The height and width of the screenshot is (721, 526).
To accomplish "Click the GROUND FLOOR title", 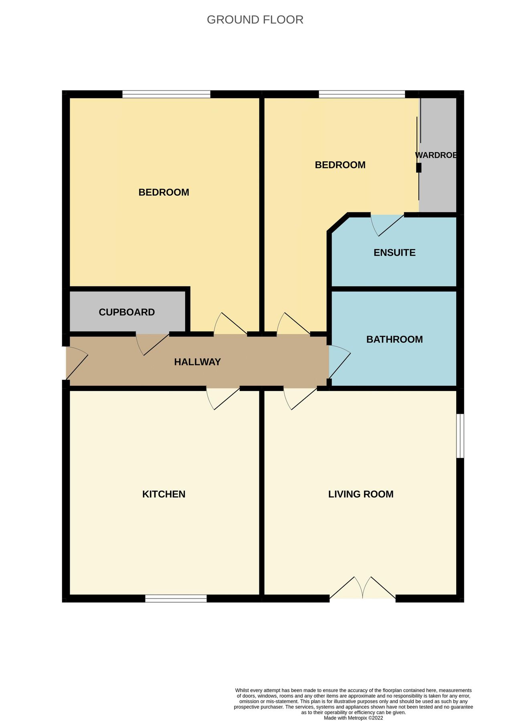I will click(255, 20).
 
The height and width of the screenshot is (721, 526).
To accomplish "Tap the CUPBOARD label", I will click(127, 312).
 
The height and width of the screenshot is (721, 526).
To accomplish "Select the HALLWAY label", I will click(197, 362).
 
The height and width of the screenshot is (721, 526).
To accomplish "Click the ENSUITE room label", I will click(394, 253).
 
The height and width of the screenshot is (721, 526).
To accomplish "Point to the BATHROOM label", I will click(394, 339).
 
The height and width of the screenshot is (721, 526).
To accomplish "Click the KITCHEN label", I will click(164, 494).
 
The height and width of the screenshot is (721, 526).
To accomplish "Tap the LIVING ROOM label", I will click(361, 494).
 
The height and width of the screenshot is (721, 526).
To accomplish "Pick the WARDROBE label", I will click(436, 155).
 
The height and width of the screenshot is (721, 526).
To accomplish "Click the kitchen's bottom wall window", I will click(176, 598).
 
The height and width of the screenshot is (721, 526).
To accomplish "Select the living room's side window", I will click(460, 436).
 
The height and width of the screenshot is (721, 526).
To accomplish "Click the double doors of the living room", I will click(362, 589).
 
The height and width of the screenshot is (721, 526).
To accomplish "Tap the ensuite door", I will click(386, 224).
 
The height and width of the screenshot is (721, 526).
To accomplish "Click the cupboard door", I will click(152, 344).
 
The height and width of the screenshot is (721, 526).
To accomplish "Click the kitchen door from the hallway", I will click(223, 398).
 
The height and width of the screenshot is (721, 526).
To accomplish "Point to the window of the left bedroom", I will click(166, 94).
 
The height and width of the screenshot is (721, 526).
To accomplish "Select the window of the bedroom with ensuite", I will click(362, 94).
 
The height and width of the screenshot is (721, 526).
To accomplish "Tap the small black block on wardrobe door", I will click(419, 167).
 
